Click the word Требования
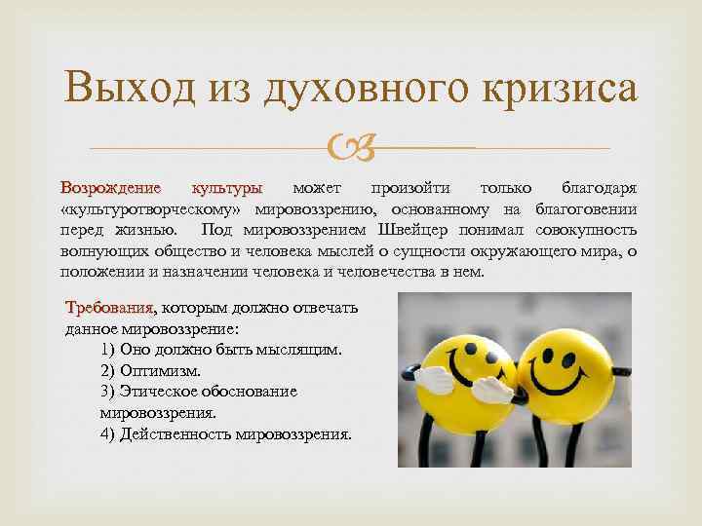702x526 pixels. click(x=108, y=308)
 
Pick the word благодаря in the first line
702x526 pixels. click(x=601, y=186)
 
